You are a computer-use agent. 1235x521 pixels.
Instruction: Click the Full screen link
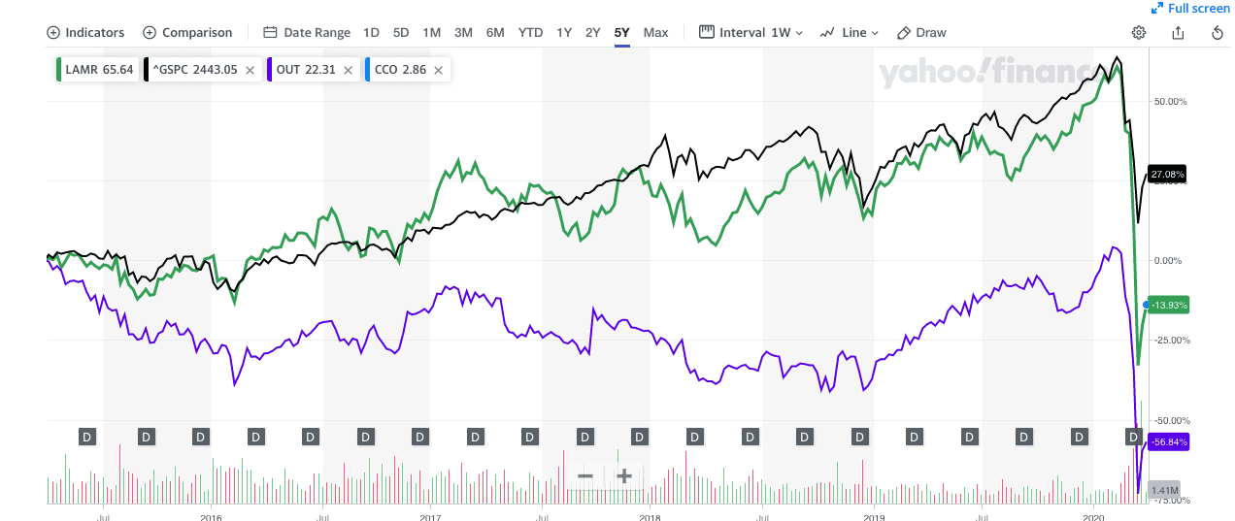click(1190, 9)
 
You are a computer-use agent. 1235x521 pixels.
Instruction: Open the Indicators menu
click(85, 33)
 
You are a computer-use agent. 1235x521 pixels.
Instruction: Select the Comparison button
click(187, 33)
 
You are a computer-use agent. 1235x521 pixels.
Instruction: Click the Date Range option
click(307, 33)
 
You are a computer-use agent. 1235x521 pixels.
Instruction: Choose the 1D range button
click(371, 33)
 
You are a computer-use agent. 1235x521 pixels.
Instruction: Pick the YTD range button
click(530, 33)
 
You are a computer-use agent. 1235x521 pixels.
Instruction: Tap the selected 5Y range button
click(621, 33)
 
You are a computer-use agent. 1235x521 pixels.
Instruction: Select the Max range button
click(655, 33)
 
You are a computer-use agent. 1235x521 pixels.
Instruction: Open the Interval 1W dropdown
click(751, 33)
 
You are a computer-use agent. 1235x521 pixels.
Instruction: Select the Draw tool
click(921, 33)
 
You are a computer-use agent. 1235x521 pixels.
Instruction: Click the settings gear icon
click(1139, 33)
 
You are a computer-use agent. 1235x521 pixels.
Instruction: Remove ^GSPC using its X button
click(250, 70)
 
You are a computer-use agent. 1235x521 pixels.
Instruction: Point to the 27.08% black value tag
click(1167, 175)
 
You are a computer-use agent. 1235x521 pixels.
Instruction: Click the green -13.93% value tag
click(1167, 305)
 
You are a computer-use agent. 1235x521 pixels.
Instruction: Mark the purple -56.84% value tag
click(1167, 441)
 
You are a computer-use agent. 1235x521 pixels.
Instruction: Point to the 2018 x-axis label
click(650, 517)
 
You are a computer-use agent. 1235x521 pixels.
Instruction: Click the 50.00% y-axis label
click(1168, 101)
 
